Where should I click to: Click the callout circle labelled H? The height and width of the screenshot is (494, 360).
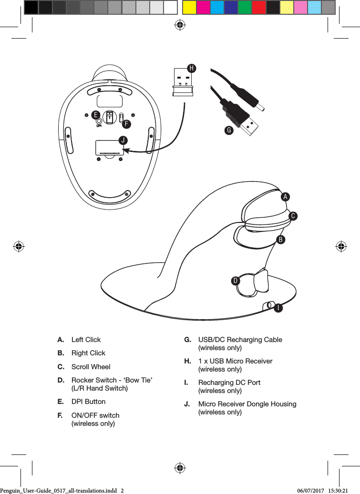191,68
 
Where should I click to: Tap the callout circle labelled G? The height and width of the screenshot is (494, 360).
229,130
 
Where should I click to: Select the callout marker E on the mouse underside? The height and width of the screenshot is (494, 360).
96,115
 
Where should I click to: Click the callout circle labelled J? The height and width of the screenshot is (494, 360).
123,140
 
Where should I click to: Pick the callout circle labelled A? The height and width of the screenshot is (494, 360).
285,196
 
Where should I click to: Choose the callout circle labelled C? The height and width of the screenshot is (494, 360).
294,216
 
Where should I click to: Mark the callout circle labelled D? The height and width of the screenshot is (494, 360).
236,281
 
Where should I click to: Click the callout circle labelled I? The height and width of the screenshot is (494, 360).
277,308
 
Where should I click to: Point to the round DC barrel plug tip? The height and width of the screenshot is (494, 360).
262,108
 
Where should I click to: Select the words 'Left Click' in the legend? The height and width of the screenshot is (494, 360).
86,340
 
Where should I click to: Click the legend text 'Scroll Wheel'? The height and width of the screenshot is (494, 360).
91,367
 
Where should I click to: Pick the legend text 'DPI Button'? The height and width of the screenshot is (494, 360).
88,402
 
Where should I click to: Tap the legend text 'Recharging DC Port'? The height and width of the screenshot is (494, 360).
229,383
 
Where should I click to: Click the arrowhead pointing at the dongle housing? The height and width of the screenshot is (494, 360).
126,150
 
